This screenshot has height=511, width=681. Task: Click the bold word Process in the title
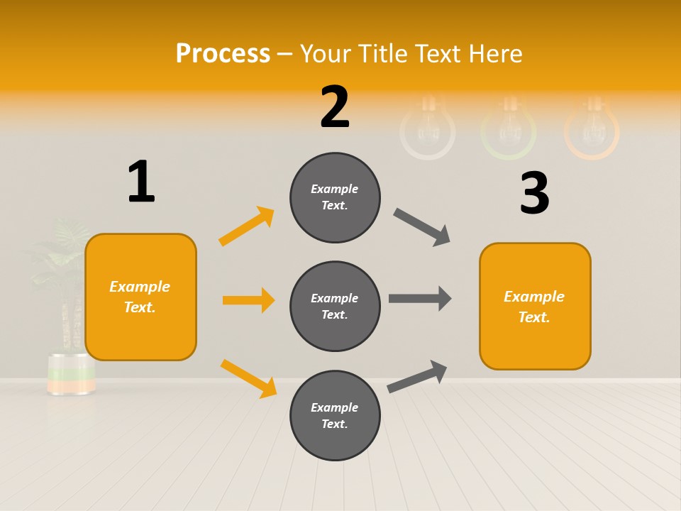coord(223,53)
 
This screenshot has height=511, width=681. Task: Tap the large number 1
coord(141,182)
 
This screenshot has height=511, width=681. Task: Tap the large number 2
coord(335,106)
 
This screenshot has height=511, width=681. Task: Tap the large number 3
coord(534,193)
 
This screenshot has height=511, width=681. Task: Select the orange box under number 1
coord(140,297)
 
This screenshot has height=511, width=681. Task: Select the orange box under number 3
coord(535,306)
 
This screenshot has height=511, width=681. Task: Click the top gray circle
coord(335,197)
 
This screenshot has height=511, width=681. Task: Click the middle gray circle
coord(335,306)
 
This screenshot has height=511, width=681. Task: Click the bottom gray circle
coord(335,415)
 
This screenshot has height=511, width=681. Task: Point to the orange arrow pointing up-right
coord(247,226)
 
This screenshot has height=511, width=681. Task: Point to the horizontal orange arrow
coord(248,300)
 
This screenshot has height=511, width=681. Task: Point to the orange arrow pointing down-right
coord(248,378)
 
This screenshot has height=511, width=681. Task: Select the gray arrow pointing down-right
coord(421,226)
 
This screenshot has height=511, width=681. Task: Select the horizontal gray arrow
coord(420,298)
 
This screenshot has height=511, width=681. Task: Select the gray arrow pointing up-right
coord(417,376)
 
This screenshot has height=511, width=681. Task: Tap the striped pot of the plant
coord(71,373)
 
